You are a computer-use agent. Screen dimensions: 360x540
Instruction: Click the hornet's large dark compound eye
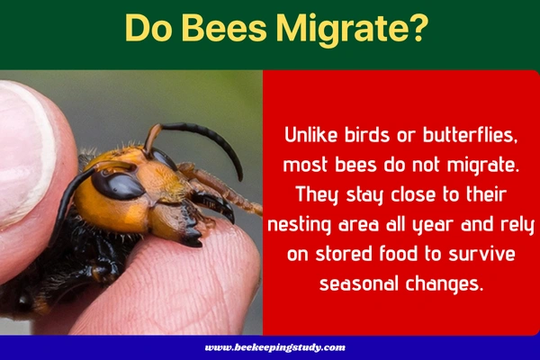(116, 184)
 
